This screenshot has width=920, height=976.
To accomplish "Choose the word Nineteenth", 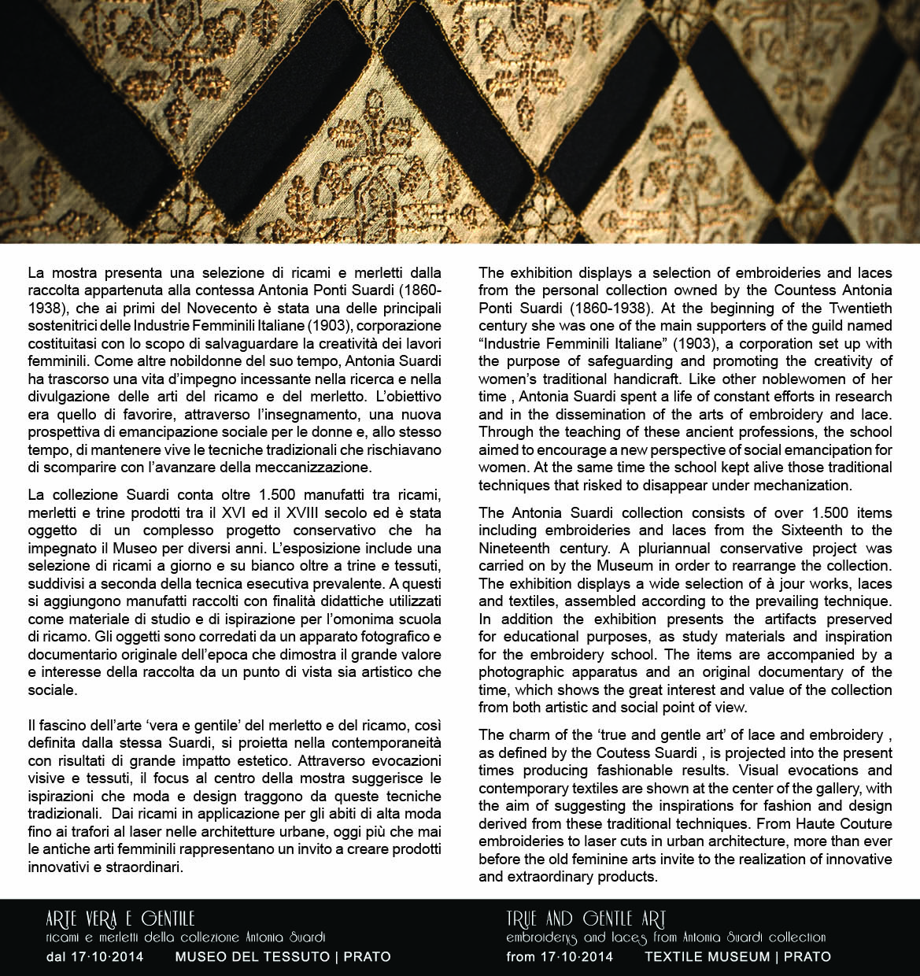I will [x=519, y=548].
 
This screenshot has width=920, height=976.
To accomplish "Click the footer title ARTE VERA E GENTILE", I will [x=120, y=919].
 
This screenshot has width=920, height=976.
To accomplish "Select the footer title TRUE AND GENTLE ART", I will [x=586, y=919].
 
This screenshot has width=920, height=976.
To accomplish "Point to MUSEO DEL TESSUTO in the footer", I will [x=252, y=957].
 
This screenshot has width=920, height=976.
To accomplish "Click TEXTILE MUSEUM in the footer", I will [x=706, y=957].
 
